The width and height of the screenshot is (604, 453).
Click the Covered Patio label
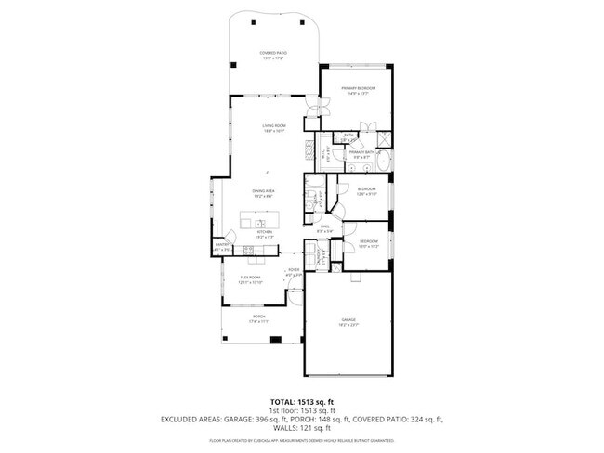(x=272, y=54)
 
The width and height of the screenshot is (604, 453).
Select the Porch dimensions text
(x=258, y=322)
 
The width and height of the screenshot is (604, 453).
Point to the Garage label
(x=347, y=320)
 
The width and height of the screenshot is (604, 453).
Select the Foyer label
(x=293, y=271)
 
